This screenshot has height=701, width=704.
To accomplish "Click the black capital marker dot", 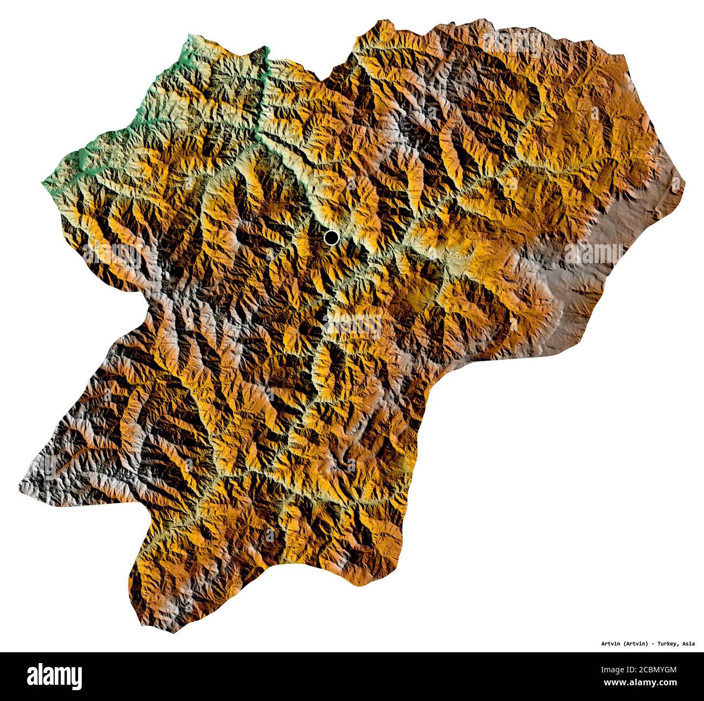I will pyautogui.click(x=331, y=237).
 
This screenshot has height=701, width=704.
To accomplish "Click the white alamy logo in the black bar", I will pyautogui.click(x=54, y=676).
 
